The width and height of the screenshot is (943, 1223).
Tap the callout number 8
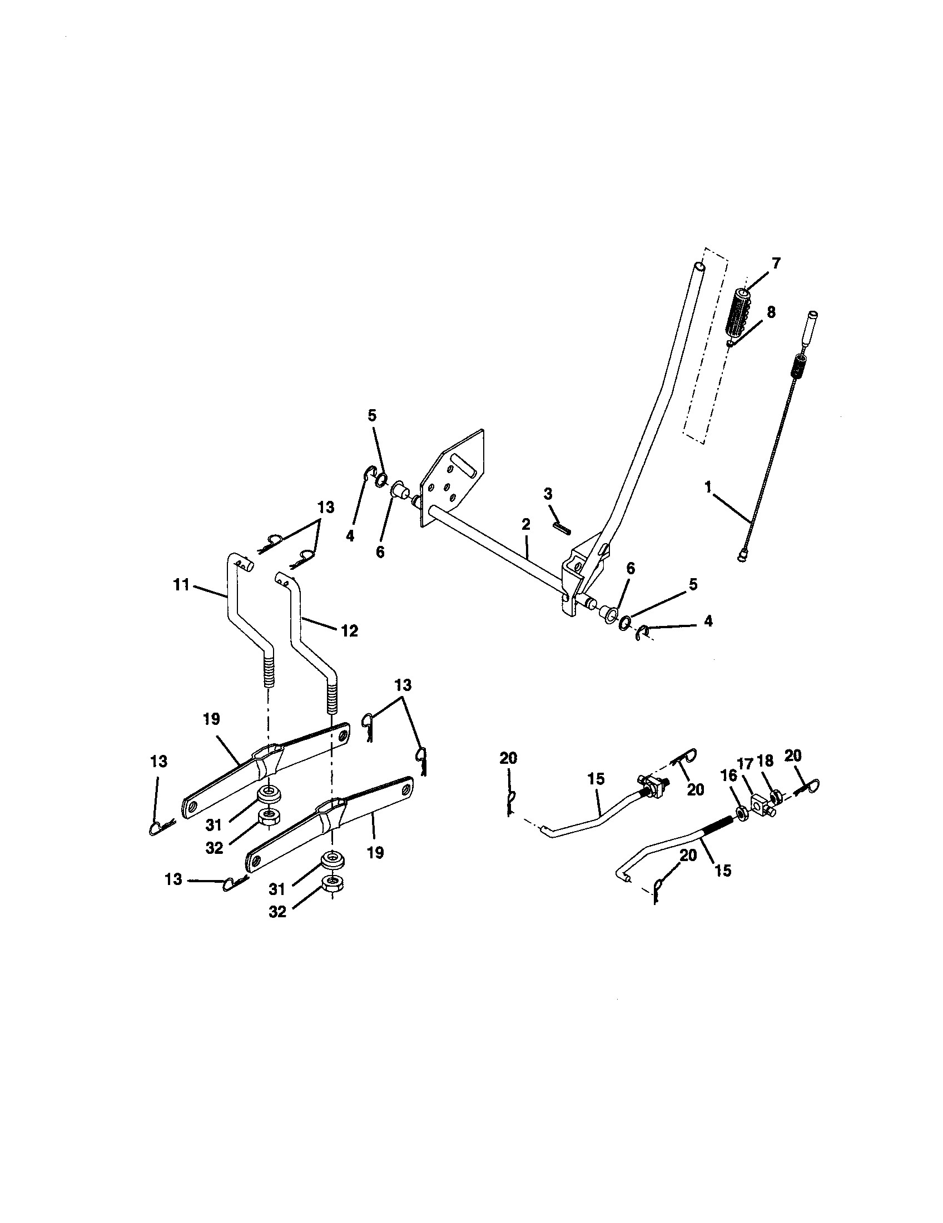point(771,312)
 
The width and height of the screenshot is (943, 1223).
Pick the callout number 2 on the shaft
point(525,525)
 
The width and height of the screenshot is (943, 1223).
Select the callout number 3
point(548,493)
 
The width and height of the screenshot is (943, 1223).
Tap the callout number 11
point(181,586)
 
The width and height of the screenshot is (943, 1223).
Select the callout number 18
point(765,760)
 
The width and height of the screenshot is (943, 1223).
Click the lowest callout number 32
point(277,912)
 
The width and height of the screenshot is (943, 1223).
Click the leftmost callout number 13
point(159,762)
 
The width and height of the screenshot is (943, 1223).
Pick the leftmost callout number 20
point(508,758)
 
